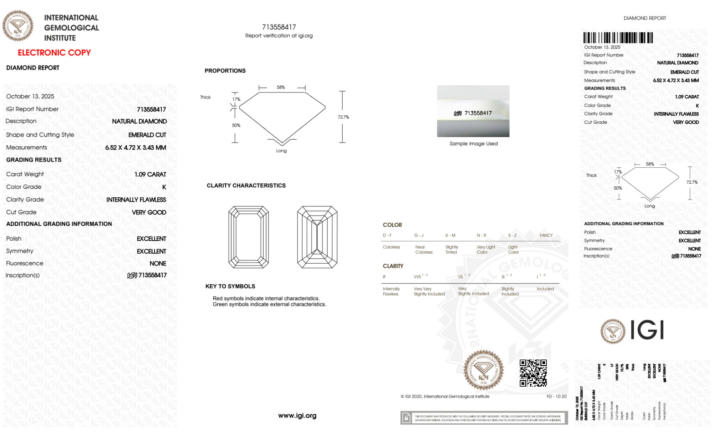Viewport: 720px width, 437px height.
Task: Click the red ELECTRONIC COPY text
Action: click(x=54, y=53)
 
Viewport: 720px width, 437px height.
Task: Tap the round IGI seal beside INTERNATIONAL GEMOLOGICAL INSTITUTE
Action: click(x=18, y=26)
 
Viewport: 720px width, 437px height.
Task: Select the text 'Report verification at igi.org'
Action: click(x=279, y=36)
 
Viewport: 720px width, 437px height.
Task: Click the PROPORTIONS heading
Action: click(x=225, y=70)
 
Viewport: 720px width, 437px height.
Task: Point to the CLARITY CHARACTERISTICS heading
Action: click(x=246, y=185)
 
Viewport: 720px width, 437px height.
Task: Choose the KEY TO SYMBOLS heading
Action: click(x=230, y=286)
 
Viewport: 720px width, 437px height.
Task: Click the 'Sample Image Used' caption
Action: click(x=474, y=144)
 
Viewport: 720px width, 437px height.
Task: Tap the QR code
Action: click(x=533, y=373)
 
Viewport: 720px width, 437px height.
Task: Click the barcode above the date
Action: click(x=618, y=38)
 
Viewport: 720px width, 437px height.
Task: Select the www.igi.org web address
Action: click(x=297, y=415)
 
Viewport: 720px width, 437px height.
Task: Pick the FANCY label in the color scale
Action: click(x=546, y=235)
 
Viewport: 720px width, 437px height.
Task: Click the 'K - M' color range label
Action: click(x=450, y=235)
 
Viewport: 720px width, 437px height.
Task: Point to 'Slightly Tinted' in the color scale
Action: click(x=452, y=250)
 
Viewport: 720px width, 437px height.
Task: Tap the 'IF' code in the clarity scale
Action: click(x=384, y=277)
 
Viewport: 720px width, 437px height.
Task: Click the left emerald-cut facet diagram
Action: click(x=249, y=237)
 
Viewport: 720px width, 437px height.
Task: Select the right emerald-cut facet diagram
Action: click(x=317, y=237)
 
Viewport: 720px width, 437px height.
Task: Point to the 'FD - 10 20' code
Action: click(x=556, y=396)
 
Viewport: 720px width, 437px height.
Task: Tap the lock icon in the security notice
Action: click(x=407, y=418)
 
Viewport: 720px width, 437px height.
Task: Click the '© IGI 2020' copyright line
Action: click(x=445, y=396)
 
